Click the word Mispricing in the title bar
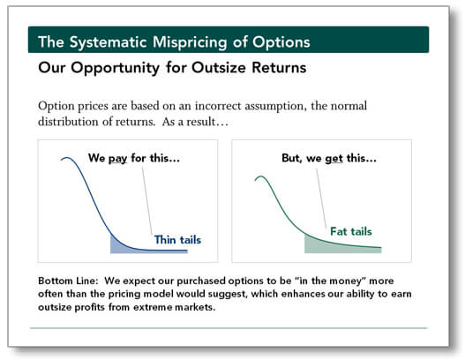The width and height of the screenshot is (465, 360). [x=190, y=42]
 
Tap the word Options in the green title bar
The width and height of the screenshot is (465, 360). [x=281, y=42]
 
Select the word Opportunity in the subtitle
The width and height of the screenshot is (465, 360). [x=116, y=68]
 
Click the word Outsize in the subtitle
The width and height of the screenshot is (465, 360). [x=219, y=67]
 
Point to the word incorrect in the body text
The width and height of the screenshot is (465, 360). [x=218, y=106]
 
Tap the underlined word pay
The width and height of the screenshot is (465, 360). [x=117, y=159]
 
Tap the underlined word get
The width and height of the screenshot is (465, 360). [x=334, y=159]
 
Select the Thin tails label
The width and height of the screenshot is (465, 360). [x=177, y=240]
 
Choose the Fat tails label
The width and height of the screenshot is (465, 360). [x=351, y=231]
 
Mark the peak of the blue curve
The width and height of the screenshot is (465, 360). [x=66, y=158]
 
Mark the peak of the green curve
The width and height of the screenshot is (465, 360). [x=261, y=176]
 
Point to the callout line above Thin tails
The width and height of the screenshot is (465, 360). [x=147, y=201]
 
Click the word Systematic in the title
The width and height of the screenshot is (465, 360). [x=109, y=42]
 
